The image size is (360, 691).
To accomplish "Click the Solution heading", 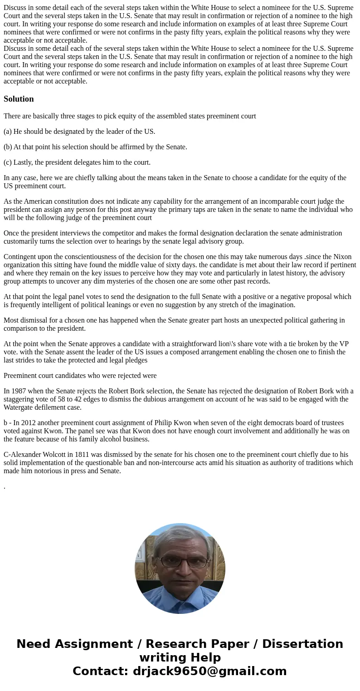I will (19, 99).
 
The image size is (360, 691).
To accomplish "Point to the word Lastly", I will (24, 162).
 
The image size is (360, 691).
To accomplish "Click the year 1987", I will (19, 391).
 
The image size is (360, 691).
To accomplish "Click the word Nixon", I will (342, 257).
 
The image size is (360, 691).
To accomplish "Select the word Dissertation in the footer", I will (302, 644).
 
